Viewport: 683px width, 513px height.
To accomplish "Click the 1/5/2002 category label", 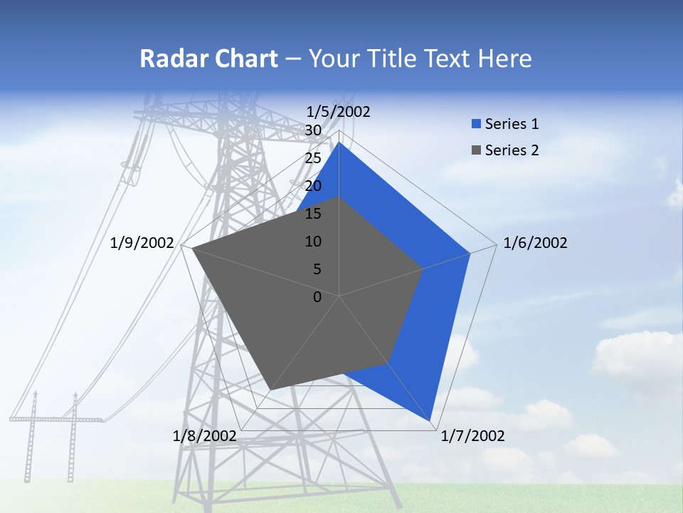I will coord(339,111).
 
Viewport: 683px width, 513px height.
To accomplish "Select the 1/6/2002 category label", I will coord(535,243).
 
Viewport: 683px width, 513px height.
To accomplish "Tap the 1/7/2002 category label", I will coord(472,436).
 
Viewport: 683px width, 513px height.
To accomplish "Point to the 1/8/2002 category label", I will coord(205,436).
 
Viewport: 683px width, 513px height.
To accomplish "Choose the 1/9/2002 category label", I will coord(142,243).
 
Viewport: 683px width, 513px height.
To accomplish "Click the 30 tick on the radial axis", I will coord(313,130).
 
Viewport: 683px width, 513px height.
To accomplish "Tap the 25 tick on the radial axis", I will coord(313,158).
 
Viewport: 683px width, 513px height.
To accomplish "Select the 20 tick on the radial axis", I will coord(313,186).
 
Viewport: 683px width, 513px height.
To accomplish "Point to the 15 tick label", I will coord(313,214).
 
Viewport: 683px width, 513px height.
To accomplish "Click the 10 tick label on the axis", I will coord(313,242).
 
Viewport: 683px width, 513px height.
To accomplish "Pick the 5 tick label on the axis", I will coord(317,269).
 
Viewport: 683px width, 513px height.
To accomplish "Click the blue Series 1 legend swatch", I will coord(476,124).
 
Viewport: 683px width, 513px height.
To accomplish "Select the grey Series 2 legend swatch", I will coord(476,150).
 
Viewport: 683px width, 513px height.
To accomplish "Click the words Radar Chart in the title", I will coord(208,58).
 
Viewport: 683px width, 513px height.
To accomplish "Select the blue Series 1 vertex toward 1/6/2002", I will coord(470,253).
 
